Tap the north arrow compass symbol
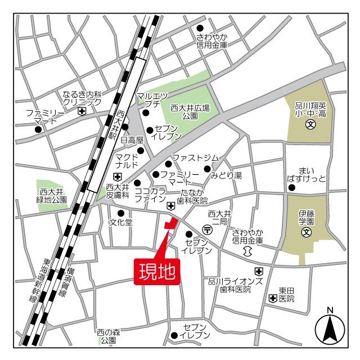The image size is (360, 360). click(x=330, y=329)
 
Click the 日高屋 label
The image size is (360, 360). click(x=133, y=139)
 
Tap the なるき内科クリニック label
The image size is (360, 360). click(x=82, y=98)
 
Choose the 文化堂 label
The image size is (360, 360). click(x=121, y=222)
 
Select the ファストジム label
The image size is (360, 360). click(x=195, y=157)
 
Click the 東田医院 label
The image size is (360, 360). click(x=286, y=295)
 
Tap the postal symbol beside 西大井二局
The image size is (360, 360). click(x=207, y=229)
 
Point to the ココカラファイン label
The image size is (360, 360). click(x=150, y=195)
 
